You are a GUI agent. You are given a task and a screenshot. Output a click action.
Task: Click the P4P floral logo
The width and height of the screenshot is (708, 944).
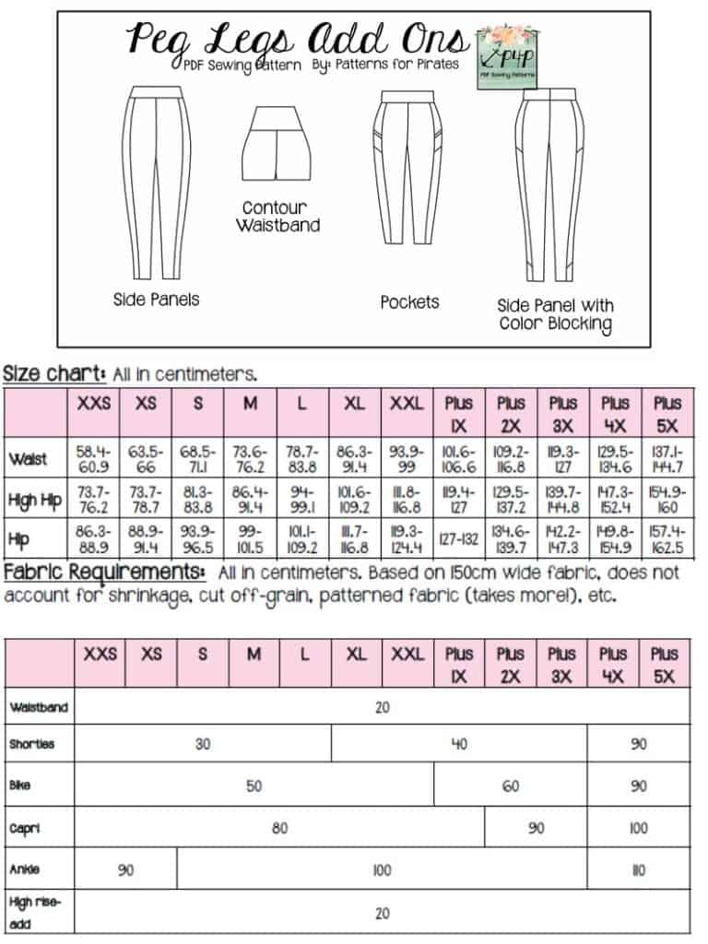(x=506, y=56)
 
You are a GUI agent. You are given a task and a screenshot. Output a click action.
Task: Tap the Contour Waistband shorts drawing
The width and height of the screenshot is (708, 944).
(x=275, y=144)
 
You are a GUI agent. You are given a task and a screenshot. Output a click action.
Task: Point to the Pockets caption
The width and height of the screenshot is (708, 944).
(x=409, y=301)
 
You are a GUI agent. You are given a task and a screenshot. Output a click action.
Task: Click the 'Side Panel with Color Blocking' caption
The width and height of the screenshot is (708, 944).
(x=555, y=313)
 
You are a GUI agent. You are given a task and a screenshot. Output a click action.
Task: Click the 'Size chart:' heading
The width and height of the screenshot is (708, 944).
(x=55, y=374)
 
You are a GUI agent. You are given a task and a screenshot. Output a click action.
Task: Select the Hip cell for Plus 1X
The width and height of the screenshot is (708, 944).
(x=458, y=540)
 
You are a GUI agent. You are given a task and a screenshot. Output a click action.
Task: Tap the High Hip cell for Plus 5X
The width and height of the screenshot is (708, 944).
(x=667, y=499)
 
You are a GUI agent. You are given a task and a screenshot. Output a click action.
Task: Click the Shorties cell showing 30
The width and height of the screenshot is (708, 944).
(x=203, y=744)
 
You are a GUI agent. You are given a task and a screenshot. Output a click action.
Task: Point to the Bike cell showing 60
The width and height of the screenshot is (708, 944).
(x=510, y=786)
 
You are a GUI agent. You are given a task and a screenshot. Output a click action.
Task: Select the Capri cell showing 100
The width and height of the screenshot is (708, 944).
(x=639, y=828)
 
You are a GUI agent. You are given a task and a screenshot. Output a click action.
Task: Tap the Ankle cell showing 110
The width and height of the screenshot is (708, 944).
(x=639, y=869)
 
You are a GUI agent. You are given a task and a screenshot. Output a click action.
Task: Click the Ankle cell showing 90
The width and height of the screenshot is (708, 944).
(x=124, y=869)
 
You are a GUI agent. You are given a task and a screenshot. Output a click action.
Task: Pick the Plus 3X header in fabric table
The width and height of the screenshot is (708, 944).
(x=561, y=664)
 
